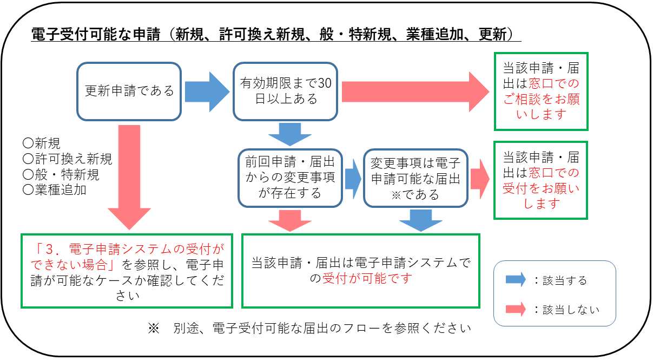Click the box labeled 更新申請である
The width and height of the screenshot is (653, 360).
(129, 91)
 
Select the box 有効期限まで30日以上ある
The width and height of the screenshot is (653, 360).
(285, 91)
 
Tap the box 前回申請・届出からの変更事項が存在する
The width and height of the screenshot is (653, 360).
(290, 178)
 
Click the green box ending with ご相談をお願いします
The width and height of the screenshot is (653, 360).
(541, 91)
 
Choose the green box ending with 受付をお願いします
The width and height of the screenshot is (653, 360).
(541, 180)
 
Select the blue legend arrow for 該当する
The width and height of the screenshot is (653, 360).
(515, 280)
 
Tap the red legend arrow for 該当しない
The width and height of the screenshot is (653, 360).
(515, 309)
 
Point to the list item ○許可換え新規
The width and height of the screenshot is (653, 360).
(67, 159)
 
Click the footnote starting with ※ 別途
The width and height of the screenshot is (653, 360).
(309, 328)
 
